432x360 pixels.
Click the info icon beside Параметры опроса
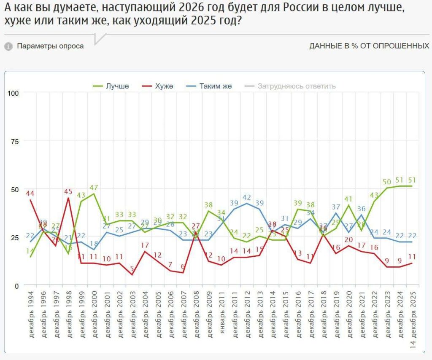pyautogui.click(x=8, y=46)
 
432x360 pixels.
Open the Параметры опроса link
pyautogui.click(x=50, y=46)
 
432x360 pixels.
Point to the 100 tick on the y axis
pyautogui.click(x=14, y=92)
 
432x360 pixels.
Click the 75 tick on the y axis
pyautogui.click(x=16, y=141)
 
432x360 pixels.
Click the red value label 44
pyautogui.click(x=30, y=193)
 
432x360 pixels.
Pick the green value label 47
pyautogui.click(x=94, y=187)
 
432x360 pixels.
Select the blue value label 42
pyautogui.click(x=247, y=197)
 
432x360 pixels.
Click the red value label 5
pyautogui.click(x=132, y=269)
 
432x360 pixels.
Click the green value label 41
pyautogui.click(x=348, y=199)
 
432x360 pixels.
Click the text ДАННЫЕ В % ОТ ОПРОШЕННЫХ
pyautogui.click(x=369, y=46)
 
